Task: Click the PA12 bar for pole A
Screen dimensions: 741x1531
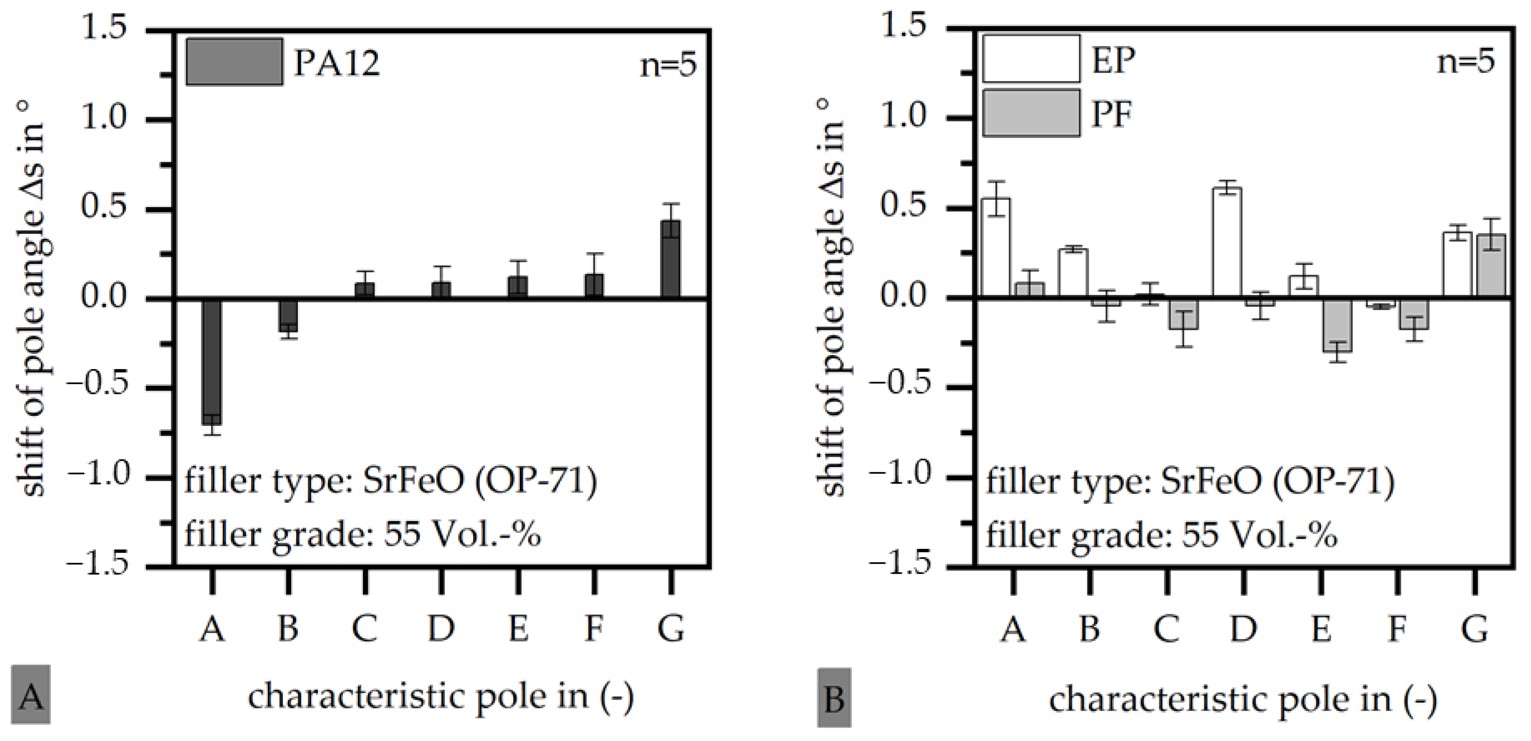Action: coord(212,361)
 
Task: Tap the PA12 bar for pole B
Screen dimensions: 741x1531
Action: coord(288,315)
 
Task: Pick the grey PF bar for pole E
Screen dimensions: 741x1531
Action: coord(1336,325)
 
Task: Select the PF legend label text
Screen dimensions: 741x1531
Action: coord(1111,114)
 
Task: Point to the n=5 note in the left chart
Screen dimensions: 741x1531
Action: coord(668,66)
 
